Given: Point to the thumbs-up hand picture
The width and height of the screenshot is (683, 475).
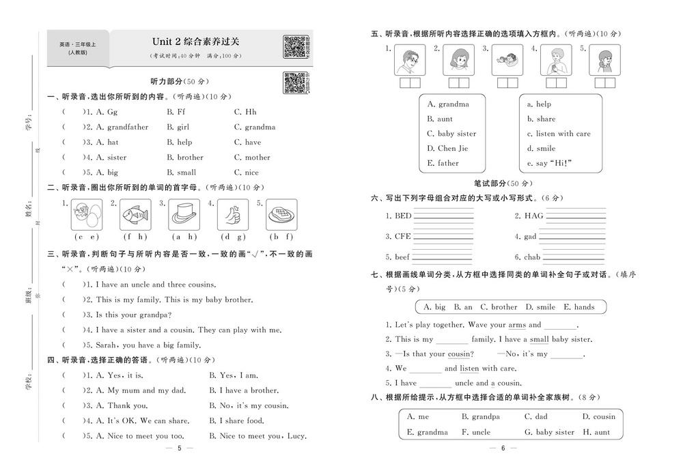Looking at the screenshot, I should click(232, 216).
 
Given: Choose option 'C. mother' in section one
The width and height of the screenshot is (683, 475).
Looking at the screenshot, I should click(252, 157).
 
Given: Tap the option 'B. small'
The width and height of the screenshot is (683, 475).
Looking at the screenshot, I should click(181, 173).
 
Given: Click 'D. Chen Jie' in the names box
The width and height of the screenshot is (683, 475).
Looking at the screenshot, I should click(447, 148).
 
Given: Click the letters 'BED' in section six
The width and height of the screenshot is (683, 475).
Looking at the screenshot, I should click(403, 216).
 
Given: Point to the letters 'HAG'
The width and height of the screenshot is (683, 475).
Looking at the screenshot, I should click(533, 216).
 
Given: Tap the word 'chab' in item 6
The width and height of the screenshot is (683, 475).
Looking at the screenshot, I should click(531, 257).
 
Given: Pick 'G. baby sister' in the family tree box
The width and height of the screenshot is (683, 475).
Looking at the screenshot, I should click(549, 432).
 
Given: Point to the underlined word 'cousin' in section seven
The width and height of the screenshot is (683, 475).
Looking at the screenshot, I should click(460, 354).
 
